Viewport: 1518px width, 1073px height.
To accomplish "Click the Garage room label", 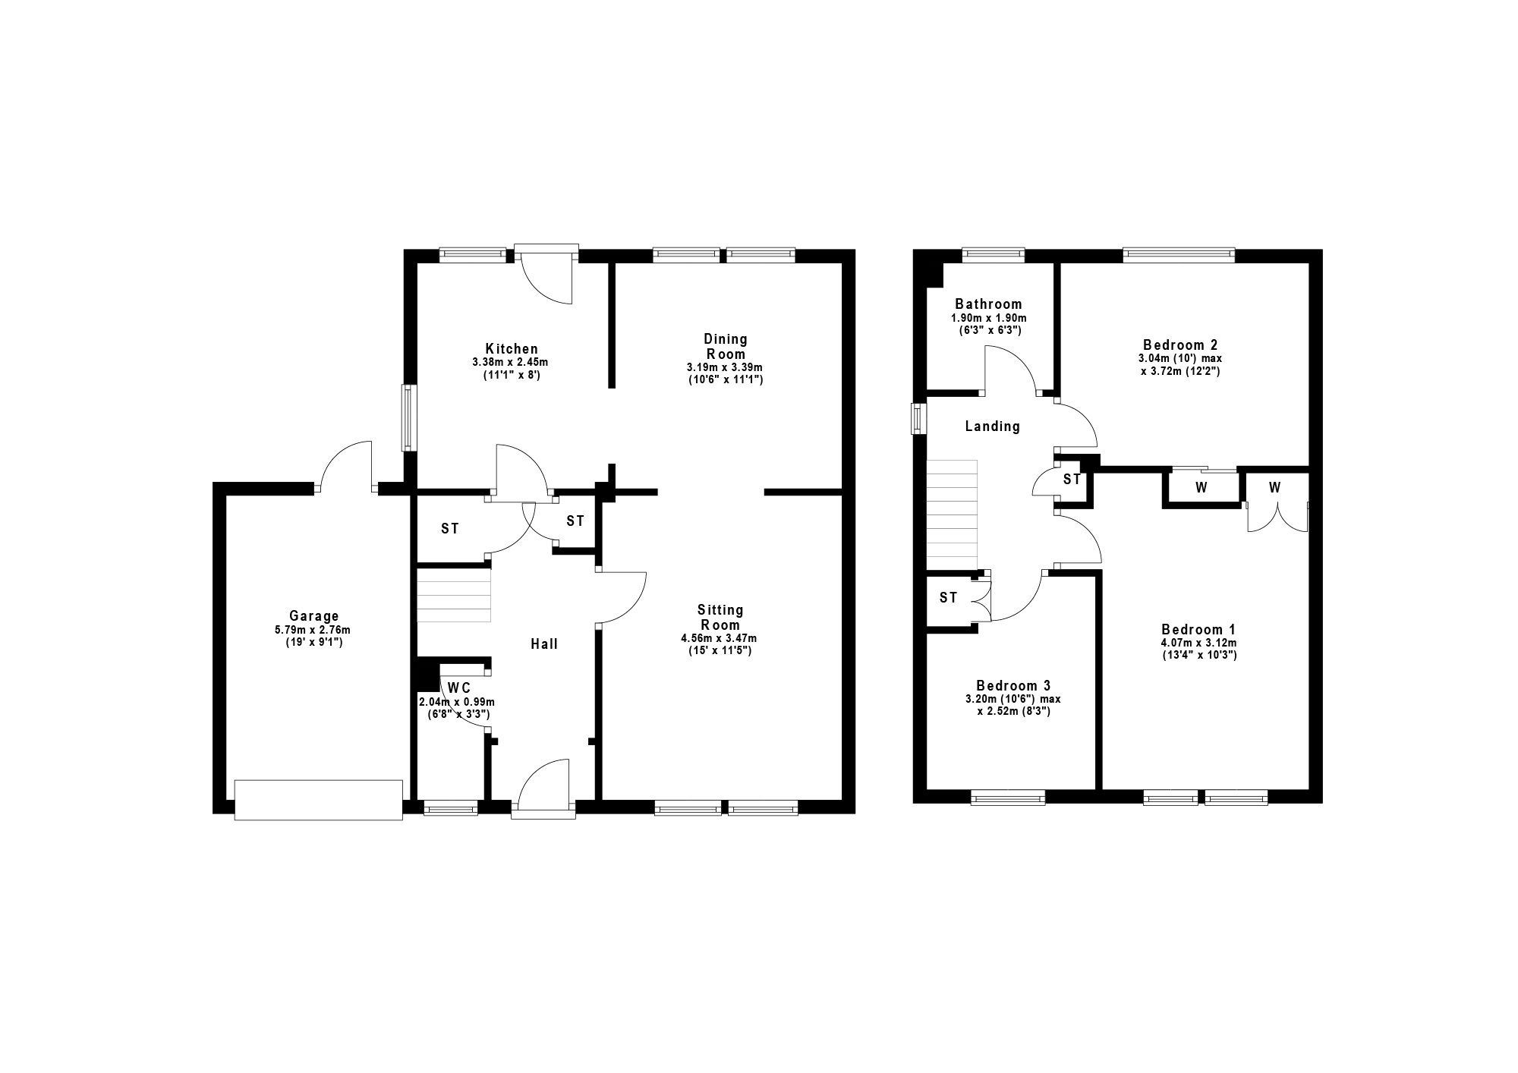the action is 313,616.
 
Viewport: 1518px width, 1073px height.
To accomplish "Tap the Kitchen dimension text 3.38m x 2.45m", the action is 510,363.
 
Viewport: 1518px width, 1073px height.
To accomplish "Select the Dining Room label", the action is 726,346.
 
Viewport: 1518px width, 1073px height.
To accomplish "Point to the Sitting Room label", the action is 720,618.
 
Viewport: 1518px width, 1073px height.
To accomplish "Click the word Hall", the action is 544,644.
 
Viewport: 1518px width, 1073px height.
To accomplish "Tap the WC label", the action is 459,688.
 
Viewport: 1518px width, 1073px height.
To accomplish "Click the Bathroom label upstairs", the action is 988,304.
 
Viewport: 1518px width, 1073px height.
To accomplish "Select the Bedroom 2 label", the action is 1179,344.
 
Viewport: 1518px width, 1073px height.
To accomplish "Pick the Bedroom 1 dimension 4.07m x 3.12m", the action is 1198,643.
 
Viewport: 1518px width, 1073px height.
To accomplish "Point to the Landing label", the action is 992,426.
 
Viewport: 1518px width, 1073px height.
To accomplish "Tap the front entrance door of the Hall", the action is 543,789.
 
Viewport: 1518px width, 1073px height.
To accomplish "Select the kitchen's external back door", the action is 546,274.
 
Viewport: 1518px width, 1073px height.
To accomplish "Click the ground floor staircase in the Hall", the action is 454,596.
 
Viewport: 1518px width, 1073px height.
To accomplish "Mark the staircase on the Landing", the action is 952,514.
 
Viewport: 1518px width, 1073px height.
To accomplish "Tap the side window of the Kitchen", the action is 409,417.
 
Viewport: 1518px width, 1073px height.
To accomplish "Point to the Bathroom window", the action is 994,256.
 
